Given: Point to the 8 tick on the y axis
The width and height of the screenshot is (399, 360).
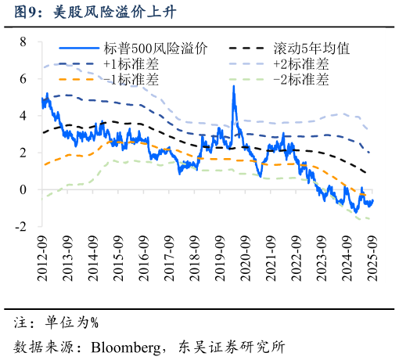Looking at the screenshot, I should click(23, 41).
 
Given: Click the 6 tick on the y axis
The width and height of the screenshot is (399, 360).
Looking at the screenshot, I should click(23, 79).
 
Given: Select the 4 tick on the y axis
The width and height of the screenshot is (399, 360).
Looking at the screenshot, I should click(23, 116).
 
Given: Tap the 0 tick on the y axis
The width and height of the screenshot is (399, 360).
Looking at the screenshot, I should click(23, 189).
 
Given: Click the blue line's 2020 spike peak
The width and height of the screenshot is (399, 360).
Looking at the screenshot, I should click(233, 86).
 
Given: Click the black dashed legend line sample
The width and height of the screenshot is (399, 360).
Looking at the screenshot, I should click(250, 49).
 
